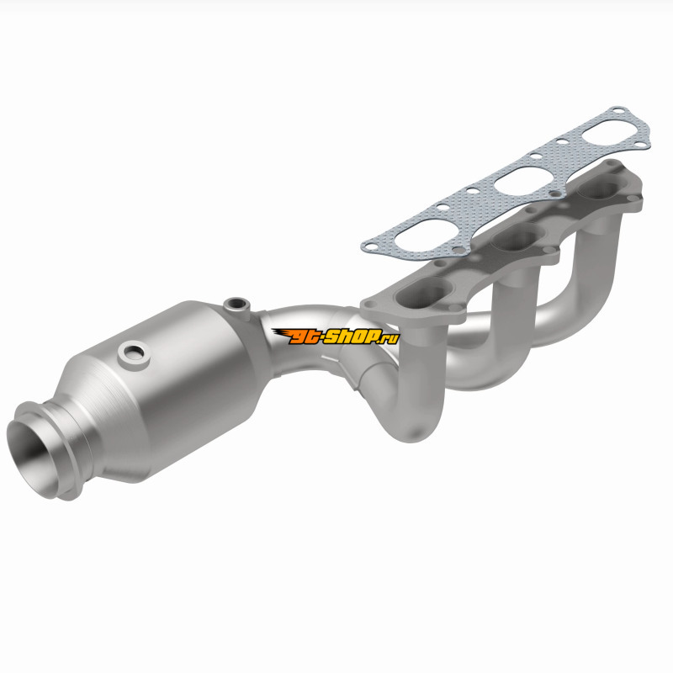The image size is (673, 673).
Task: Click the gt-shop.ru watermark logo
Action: pos(335,336)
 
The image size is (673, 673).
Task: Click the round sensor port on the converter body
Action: pos(134,354)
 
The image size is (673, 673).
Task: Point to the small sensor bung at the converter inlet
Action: pos(236,305)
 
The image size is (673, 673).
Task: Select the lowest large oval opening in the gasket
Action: pos(417,235)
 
